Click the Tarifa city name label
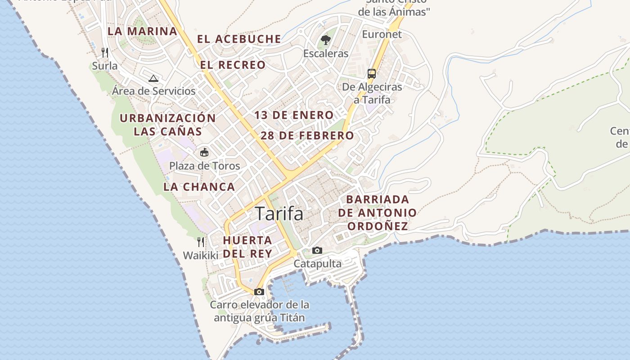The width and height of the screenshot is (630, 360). [279, 214]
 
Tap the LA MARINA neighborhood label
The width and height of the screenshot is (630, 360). [142, 31]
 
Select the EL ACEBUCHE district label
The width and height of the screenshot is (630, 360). [239, 39]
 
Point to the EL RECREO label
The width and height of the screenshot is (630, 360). [233, 65]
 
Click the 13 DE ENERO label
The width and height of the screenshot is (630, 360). [294, 115]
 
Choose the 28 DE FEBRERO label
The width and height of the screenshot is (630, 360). [307, 135]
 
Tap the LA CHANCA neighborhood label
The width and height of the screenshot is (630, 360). [199, 187]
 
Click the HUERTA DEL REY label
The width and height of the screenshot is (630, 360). [247, 247]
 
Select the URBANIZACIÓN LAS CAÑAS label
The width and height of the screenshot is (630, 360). [167, 125]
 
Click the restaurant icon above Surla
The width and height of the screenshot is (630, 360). [105, 53]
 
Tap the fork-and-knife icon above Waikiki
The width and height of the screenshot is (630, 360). [201, 242]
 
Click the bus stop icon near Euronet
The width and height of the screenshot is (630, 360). [372, 73]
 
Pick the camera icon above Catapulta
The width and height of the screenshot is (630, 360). [317, 250]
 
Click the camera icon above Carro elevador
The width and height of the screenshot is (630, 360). [259, 292]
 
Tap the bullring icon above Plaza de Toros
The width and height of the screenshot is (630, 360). [204, 152]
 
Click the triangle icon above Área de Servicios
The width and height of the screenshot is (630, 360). [153, 78]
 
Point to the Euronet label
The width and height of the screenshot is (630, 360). [382, 34]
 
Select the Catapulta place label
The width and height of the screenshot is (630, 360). [318, 264]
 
